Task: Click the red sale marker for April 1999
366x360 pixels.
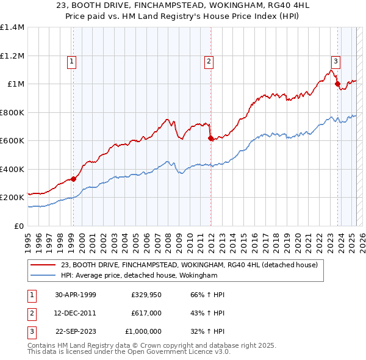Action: [x=73, y=179]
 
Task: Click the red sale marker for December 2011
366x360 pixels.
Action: [x=210, y=139]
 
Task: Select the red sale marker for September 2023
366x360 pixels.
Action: [x=337, y=84]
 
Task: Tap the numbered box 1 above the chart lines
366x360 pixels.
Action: [x=72, y=60]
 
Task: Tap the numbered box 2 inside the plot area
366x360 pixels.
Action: [x=209, y=60]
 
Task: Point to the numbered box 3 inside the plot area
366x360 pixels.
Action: [x=335, y=60]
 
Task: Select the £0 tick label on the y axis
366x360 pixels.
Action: [x=18, y=226]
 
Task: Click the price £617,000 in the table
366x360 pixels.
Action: [x=146, y=312]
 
